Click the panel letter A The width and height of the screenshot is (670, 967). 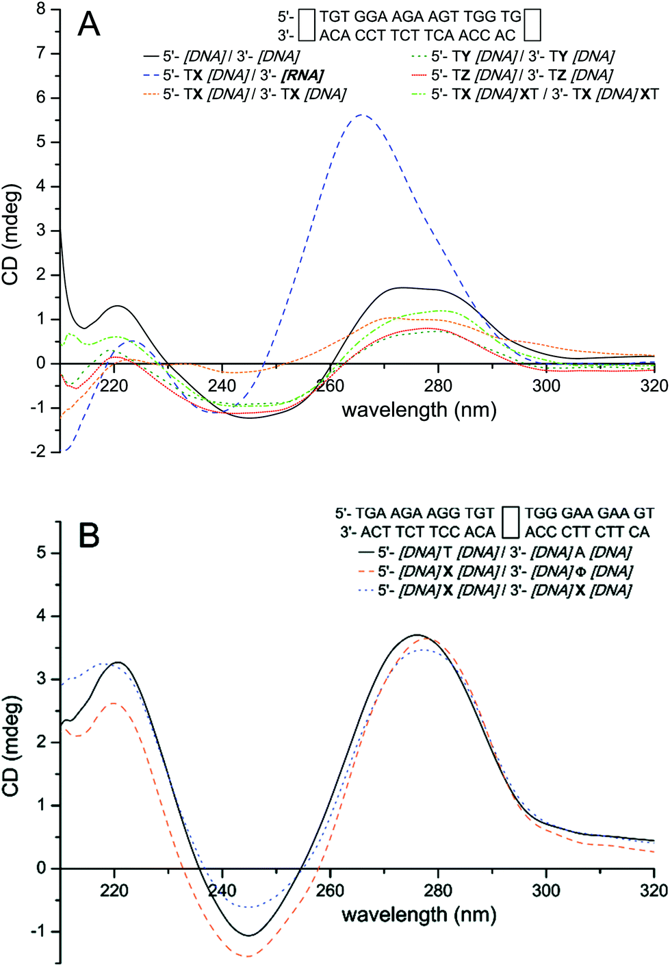pos(89,25)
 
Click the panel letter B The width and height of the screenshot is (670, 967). pos(89,536)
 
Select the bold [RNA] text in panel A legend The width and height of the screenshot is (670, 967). pos(302,75)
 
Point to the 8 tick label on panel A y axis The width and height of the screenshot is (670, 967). pos(41,10)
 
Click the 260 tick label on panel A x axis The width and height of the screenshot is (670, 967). pos(330,386)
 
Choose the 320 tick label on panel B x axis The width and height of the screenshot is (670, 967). pos(654,890)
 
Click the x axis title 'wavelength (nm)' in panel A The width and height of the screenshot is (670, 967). pos(419,410)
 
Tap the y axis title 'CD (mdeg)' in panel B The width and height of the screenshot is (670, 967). pos(12,746)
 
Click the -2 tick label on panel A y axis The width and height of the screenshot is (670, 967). pos(38,452)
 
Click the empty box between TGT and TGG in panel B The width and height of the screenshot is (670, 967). pos(510,522)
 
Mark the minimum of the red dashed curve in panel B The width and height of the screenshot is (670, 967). pos(248,956)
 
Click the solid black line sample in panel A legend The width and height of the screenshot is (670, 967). pos(151,56)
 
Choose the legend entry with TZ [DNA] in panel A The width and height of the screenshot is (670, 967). pos(521,75)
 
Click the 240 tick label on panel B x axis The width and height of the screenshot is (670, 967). pos(222,890)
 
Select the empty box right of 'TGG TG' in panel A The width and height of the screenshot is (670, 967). pos(532,25)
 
